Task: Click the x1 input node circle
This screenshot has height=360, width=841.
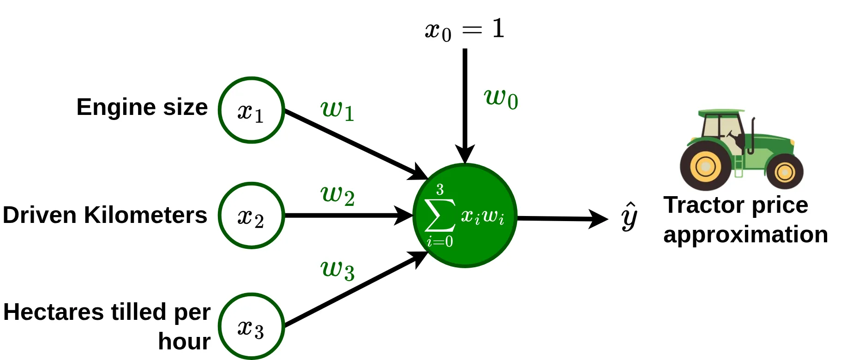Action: [x=251, y=110]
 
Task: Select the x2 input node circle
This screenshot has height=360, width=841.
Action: [x=251, y=216]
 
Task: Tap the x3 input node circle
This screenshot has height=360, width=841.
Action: [x=251, y=327]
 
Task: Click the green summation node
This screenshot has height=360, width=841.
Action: [x=464, y=216]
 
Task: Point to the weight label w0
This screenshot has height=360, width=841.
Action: [x=501, y=98]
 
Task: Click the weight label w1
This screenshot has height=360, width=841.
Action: [x=337, y=111]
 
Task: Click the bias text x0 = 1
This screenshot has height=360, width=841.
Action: [x=464, y=30]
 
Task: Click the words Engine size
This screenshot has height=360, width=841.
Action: [x=142, y=107]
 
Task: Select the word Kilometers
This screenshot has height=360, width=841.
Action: [x=145, y=215]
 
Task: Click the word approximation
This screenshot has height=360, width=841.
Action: [x=745, y=234]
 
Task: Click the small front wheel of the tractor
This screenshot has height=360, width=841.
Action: [x=784, y=172]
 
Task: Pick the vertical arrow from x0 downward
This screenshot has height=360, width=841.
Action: [x=465, y=102]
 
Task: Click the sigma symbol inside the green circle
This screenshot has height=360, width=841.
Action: [x=439, y=215]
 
